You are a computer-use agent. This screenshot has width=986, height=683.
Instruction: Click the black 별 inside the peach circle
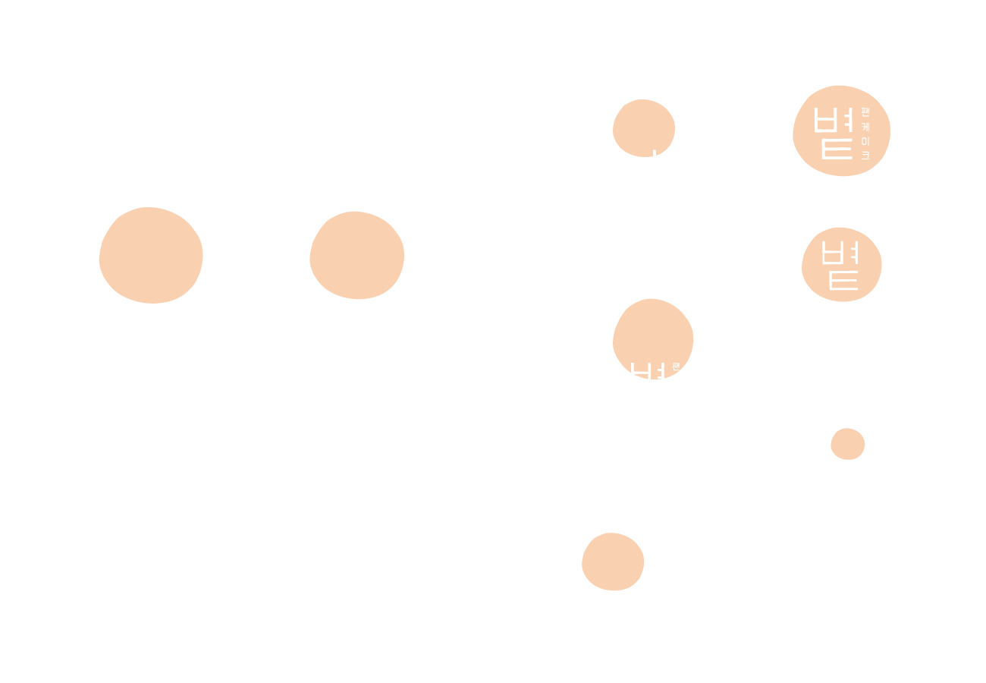coord(840,266)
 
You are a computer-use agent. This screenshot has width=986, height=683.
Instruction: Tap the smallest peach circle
coord(847,444)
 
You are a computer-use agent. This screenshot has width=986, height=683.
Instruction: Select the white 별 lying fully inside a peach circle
coord(833,133)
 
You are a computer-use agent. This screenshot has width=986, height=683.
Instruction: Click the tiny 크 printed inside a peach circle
coord(865,156)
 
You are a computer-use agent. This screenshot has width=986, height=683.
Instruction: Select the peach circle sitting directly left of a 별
coord(613,562)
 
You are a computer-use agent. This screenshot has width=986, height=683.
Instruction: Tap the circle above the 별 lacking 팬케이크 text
coord(356,255)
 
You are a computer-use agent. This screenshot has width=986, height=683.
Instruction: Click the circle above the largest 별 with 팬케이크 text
coord(151,255)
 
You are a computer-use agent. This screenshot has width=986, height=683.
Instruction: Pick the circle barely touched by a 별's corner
coord(643,127)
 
